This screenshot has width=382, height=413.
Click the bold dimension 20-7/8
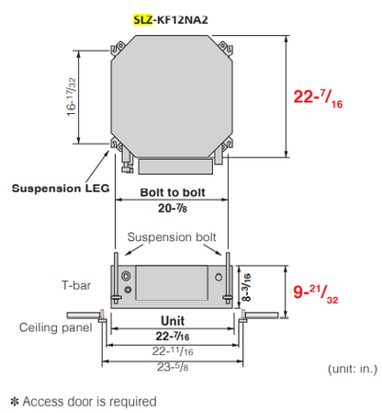pos(172,210)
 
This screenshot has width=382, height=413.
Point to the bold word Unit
pos(171,321)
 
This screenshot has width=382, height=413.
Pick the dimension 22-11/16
pos(171,350)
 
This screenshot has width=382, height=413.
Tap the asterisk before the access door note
pos(14,401)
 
